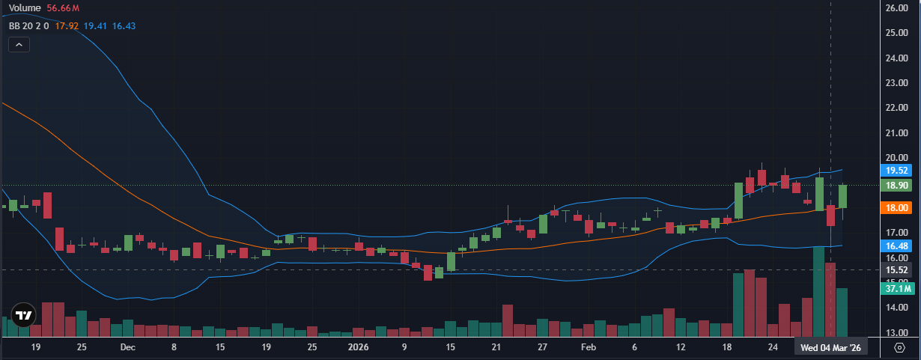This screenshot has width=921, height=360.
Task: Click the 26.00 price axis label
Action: pyautogui.click(x=896, y=8)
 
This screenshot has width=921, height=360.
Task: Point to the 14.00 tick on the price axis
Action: pyautogui.click(x=896, y=308)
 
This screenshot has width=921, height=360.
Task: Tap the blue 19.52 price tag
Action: pyautogui.click(x=896, y=171)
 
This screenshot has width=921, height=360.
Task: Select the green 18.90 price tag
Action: pyautogui.click(x=896, y=185)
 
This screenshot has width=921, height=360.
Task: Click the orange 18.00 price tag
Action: pyautogui.click(x=896, y=208)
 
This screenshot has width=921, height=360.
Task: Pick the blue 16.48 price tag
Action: pyautogui.click(x=896, y=246)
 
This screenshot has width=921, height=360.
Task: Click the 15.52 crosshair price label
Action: pyautogui.click(x=896, y=269)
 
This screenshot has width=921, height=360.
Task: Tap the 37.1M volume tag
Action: pyautogui.click(x=897, y=288)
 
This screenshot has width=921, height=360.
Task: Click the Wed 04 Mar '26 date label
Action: pyautogui.click(x=830, y=348)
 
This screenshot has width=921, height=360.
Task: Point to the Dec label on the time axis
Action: pyautogui.click(x=127, y=348)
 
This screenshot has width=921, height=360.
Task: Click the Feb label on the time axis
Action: pyautogui.click(x=589, y=348)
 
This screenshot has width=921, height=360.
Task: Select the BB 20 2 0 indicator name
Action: pyautogui.click(x=29, y=25)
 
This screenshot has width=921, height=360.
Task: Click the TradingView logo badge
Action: pyautogui.click(x=23, y=315)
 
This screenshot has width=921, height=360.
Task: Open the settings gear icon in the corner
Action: pyautogui.click(x=900, y=347)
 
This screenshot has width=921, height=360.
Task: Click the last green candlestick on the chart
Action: pyautogui.click(x=842, y=197)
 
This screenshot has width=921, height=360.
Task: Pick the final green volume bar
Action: pyautogui.click(x=842, y=312)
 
